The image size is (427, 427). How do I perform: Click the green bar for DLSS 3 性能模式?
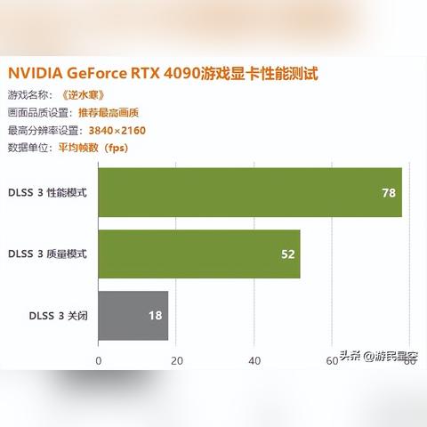[249, 192]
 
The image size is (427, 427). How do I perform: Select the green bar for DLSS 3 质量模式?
[198, 254]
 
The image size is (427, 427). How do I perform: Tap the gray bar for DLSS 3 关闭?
[133, 315]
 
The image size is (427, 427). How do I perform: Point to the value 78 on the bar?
[388, 192]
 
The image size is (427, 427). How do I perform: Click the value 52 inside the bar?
[287, 254]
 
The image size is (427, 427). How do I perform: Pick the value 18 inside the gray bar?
[155, 315]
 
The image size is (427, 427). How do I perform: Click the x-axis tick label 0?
[98, 360]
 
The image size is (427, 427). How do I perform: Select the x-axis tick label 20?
[176, 360]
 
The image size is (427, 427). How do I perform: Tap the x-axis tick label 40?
[254, 360]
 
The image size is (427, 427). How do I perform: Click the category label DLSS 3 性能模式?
[48, 192]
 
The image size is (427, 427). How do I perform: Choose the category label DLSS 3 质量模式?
[48, 254]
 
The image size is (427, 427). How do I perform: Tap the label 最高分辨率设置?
[40, 131]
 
